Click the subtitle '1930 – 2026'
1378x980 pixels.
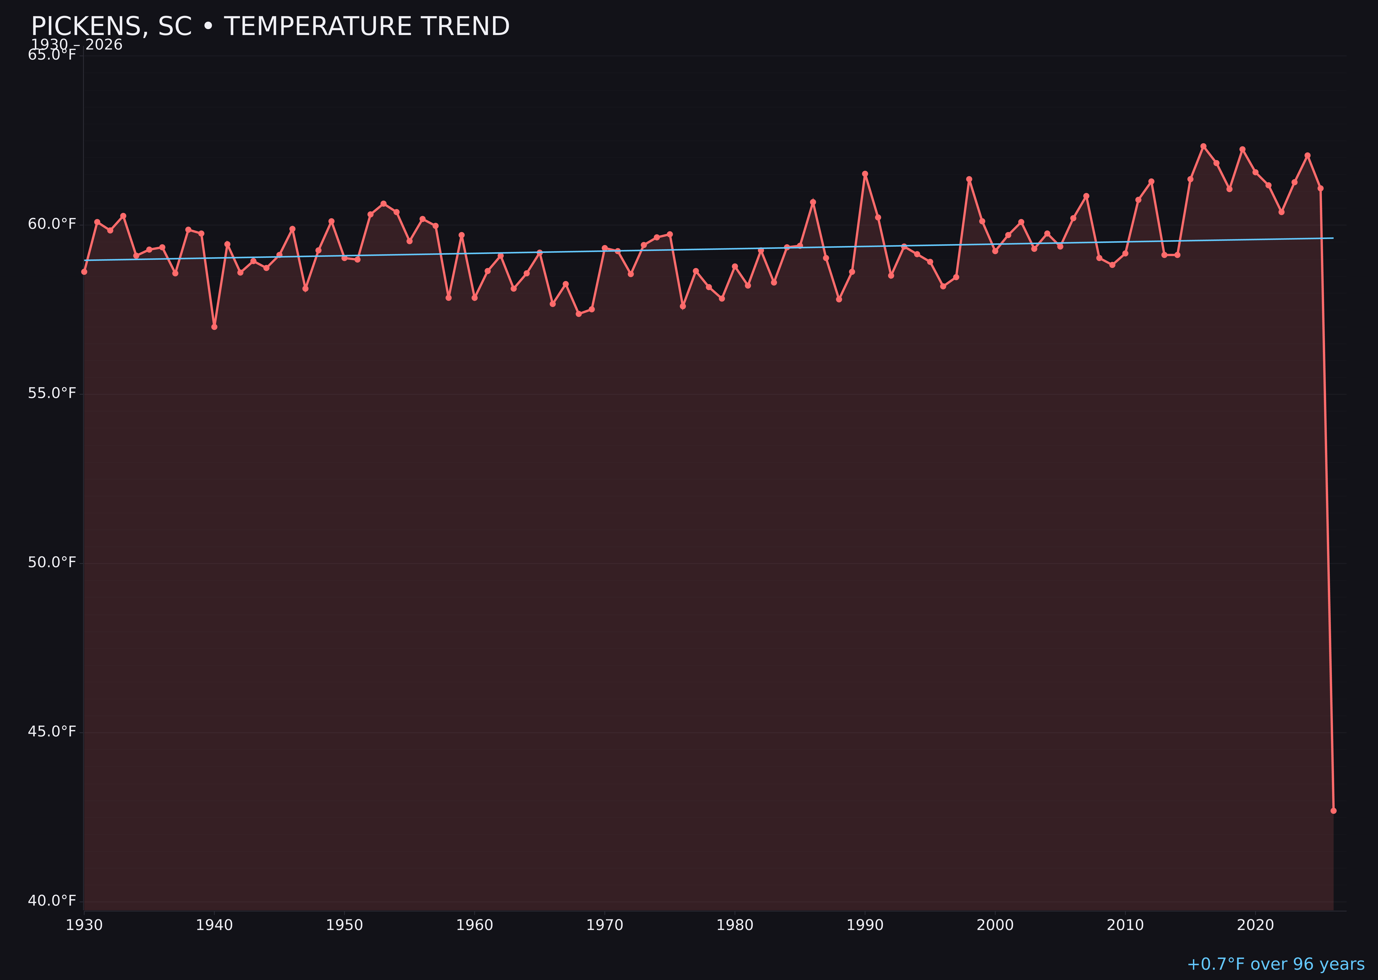tap(76, 45)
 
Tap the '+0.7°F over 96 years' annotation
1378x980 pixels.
tap(1275, 964)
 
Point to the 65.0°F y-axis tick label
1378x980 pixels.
tap(52, 55)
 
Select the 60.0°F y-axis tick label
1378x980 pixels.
tap(52, 224)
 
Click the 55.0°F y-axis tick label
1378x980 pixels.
tap(52, 394)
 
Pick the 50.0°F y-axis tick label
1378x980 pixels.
tap(52, 562)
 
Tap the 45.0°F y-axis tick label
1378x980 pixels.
tap(52, 731)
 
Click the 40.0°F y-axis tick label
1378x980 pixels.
tap(52, 900)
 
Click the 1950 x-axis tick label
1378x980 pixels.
tap(344, 925)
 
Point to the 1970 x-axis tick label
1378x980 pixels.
tap(605, 925)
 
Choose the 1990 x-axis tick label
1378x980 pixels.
tap(865, 925)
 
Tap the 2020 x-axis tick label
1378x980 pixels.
tap(1255, 925)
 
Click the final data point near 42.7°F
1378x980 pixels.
tap(1333, 810)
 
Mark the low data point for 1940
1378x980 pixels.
tap(214, 326)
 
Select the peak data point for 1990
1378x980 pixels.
tap(865, 174)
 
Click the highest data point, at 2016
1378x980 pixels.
tap(1203, 146)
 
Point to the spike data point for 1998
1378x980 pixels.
tap(969, 179)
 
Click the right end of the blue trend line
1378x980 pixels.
tap(1333, 238)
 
